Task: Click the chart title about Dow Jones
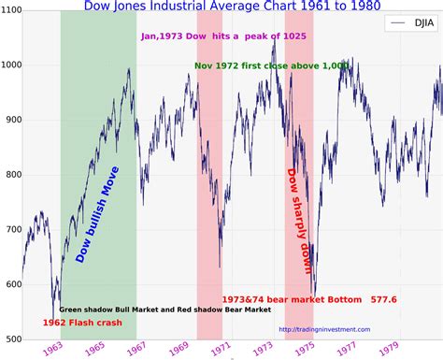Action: point(221,7)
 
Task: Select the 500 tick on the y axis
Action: point(11,338)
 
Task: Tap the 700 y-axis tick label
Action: point(11,229)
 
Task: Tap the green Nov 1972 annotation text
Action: point(259,66)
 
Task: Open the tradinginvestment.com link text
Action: point(323,329)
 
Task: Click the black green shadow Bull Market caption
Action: point(164,310)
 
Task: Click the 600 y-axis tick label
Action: point(11,283)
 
